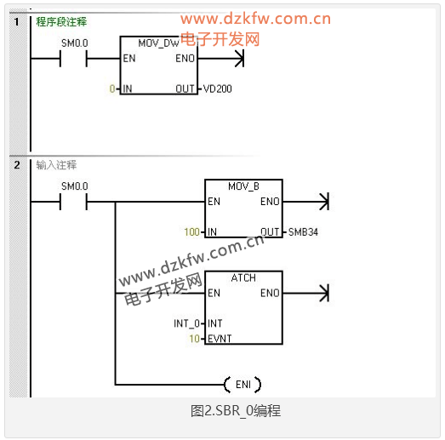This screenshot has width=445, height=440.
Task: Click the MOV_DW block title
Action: point(158,43)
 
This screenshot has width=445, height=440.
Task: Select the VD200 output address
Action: point(217,89)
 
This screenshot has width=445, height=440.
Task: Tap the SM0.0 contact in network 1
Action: point(73,59)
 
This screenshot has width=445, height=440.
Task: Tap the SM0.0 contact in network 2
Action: point(73,202)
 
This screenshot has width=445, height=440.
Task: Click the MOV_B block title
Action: point(243,186)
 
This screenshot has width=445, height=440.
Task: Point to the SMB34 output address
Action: point(303,232)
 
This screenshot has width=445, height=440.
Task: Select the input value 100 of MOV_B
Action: point(191,232)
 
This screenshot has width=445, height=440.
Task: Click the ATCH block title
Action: point(243,278)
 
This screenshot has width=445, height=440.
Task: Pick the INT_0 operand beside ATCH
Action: point(186,323)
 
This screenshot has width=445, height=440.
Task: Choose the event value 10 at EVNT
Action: point(194,339)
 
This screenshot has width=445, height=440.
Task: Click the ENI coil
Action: point(242,385)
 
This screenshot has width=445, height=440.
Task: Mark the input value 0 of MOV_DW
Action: point(112,89)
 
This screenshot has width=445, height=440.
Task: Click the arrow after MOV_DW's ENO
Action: point(220,59)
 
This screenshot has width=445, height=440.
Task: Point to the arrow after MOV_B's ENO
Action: point(306,202)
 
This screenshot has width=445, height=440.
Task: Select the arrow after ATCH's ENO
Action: point(306,294)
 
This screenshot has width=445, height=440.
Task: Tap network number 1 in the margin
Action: point(17,22)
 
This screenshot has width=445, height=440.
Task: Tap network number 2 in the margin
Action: point(17,165)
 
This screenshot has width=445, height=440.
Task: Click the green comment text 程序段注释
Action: point(61,22)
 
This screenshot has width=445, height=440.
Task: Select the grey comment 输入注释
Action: point(56,165)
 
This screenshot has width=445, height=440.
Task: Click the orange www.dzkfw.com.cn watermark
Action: point(256,19)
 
